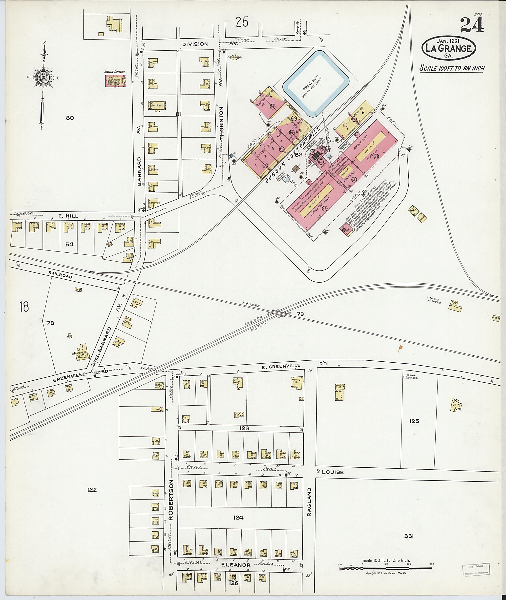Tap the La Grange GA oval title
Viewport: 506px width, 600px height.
coord(449,48)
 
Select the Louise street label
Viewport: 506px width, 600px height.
coord(333,472)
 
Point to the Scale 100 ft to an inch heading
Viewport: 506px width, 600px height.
coord(452,68)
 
